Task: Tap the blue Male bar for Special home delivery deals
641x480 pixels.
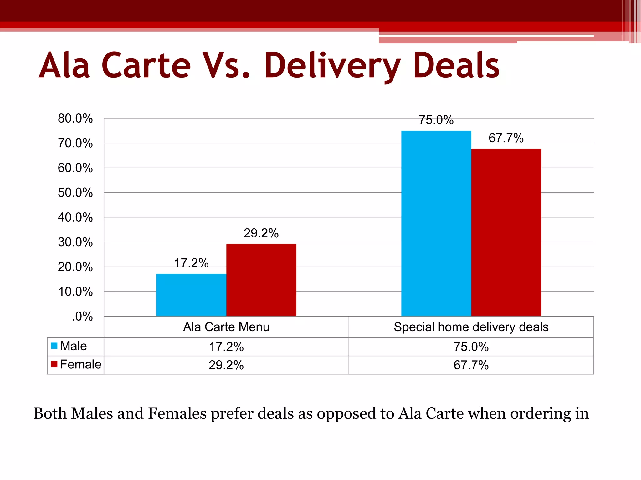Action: [436, 223]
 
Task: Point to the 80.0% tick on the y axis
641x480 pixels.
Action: [75, 118]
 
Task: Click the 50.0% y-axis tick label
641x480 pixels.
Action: [75, 192]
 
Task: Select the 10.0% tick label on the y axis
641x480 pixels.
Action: [75, 292]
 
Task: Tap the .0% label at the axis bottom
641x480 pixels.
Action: [82, 316]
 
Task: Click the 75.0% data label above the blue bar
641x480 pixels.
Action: [436, 120]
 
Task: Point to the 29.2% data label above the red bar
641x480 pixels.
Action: [261, 233]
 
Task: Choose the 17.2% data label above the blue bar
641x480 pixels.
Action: [191, 263]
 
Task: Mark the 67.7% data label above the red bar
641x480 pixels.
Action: [506, 138]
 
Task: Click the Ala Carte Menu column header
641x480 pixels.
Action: [226, 327]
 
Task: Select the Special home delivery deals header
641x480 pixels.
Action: [471, 327]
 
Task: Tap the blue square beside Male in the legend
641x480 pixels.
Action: [54, 346]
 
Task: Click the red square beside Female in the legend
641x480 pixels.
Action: [54, 364]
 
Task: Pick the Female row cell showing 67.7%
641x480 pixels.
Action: [471, 365]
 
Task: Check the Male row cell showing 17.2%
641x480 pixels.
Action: [226, 347]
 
